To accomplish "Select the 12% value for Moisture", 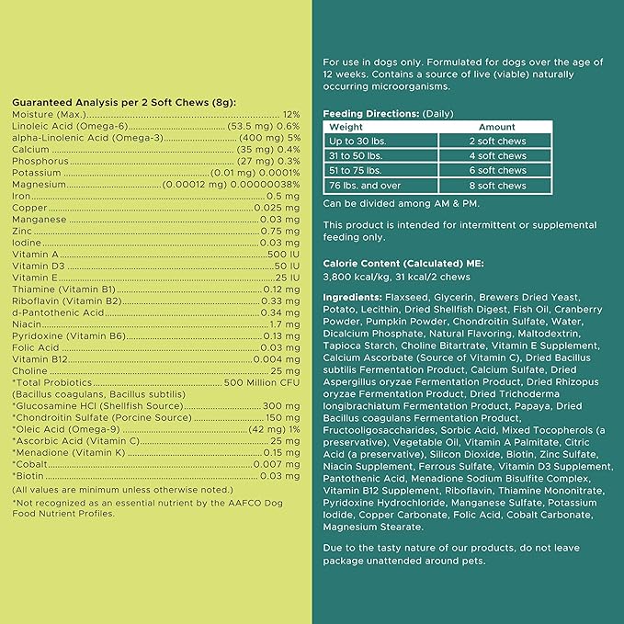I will [x=291, y=114].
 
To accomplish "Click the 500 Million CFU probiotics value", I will [x=262, y=381].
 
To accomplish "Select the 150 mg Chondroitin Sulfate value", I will [x=282, y=417].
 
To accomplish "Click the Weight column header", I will [x=346, y=127].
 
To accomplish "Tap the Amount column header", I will [x=496, y=127].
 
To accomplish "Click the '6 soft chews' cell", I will [x=496, y=171].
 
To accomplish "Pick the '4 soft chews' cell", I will [x=496, y=156].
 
